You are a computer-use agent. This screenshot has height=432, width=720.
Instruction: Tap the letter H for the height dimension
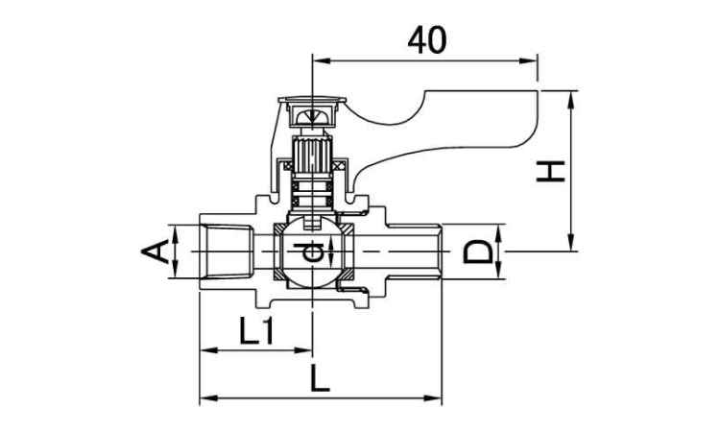(x=549, y=171)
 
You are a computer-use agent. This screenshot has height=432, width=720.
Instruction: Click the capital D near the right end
(x=479, y=253)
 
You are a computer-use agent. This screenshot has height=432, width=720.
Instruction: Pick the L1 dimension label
(x=256, y=333)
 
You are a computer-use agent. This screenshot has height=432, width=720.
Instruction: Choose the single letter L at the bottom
(x=321, y=377)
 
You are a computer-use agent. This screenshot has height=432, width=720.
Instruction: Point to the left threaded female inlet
(x=225, y=252)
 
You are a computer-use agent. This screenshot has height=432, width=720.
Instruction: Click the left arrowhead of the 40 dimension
(x=320, y=62)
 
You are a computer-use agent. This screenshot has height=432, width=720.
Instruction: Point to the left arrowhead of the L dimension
(x=205, y=396)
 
